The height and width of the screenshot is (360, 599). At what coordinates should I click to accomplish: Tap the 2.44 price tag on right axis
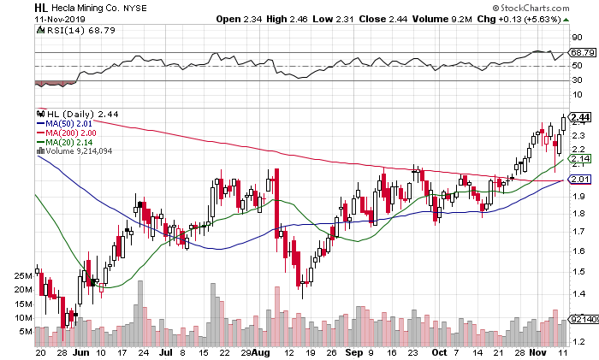[579, 117]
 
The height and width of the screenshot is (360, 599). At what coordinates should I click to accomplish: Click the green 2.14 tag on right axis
[579, 159]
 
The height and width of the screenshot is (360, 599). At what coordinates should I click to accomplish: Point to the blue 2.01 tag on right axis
[579, 179]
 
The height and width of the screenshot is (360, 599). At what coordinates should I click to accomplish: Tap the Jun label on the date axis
[81, 351]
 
